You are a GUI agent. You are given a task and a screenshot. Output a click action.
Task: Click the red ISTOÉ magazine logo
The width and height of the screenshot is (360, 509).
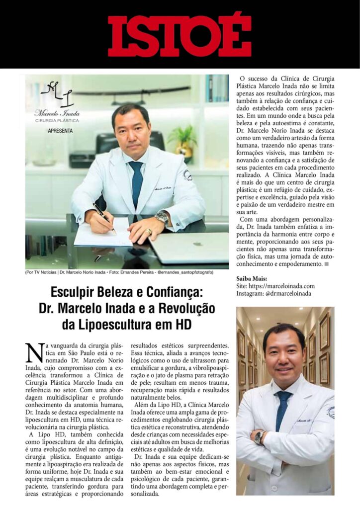coord(180,34)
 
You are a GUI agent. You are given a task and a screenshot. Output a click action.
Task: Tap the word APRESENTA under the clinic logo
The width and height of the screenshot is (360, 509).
coord(60,131)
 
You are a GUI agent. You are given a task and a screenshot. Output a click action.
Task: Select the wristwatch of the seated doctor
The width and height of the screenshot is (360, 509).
coord(162,217)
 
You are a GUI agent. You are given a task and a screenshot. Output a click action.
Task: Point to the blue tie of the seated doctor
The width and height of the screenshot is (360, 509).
coord(135,184)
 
